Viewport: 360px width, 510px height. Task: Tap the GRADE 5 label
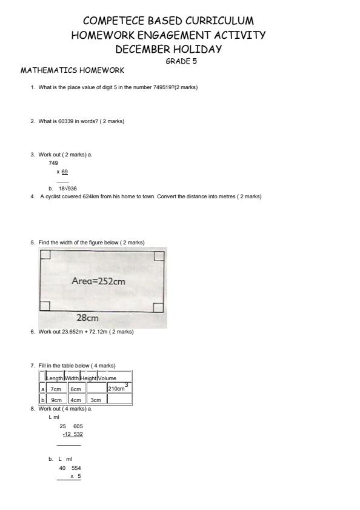[x=181, y=61]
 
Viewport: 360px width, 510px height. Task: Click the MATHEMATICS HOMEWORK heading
[x=72, y=70]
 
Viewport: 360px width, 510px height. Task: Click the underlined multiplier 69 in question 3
[x=64, y=172]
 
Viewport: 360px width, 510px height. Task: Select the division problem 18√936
[x=67, y=189]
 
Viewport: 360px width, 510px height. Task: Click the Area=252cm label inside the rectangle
[x=98, y=281]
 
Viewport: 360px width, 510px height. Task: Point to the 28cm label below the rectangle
[x=88, y=317]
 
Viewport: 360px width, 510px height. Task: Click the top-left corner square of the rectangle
[x=45, y=255]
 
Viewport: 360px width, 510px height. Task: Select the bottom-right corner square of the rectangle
[x=158, y=307]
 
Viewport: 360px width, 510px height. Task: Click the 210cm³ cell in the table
[x=119, y=388]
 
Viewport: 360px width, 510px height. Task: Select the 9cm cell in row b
[x=56, y=400]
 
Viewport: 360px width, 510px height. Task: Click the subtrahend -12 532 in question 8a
[x=73, y=434]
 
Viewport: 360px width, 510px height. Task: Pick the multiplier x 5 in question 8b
[x=76, y=476]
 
